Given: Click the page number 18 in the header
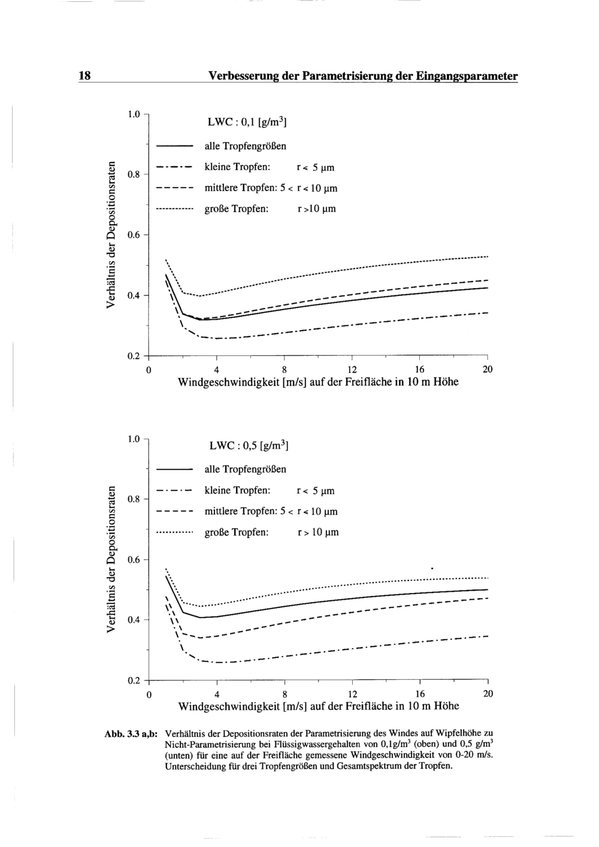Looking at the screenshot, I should (x=84, y=76).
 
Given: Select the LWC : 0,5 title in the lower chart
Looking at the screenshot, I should (x=249, y=446).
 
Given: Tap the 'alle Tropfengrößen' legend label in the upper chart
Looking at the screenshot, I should (x=245, y=146).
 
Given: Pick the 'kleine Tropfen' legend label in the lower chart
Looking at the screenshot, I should (x=238, y=491).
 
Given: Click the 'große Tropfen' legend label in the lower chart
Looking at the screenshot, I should (x=236, y=532).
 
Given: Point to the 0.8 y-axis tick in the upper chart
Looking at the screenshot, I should (x=134, y=175).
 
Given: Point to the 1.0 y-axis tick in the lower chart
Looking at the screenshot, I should (x=134, y=439).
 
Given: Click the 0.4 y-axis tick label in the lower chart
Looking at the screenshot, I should (x=134, y=620).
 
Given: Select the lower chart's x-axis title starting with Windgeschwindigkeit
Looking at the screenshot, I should (x=319, y=706).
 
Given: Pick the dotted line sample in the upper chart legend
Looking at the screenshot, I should (x=174, y=210).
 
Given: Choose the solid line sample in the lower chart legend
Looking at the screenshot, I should (x=174, y=469).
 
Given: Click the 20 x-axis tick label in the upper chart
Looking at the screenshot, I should (x=488, y=369).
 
